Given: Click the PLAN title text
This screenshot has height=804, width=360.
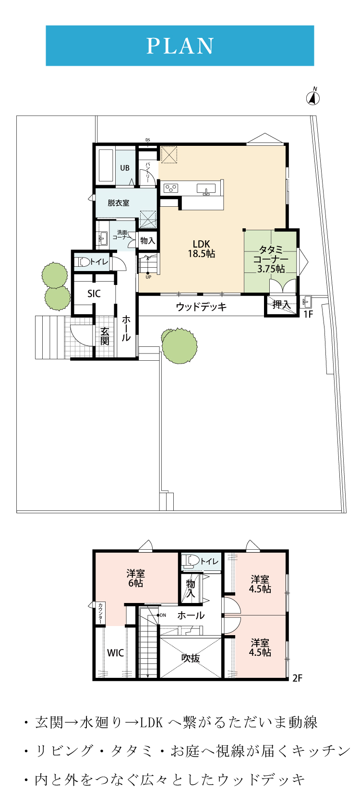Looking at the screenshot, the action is tap(180, 46).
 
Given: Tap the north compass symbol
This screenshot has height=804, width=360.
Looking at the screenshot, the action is tap(313, 97).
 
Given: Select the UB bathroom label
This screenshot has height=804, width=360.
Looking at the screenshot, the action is tap(125, 167).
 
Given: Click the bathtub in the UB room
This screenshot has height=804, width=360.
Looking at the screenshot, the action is tap(106, 166).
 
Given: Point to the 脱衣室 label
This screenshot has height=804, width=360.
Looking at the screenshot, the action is tap(118, 203).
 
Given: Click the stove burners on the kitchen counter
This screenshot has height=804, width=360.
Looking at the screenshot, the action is tap(171, 188).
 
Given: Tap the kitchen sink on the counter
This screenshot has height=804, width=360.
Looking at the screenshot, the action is tap(206, 189).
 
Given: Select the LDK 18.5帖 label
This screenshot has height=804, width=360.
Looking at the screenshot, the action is tap(201, 249).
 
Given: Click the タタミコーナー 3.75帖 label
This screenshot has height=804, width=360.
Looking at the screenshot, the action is tap(271, 259).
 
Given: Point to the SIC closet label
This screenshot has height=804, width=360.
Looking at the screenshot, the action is tap(94, 294).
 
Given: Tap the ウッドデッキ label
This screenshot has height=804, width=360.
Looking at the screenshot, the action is tap(201, 307).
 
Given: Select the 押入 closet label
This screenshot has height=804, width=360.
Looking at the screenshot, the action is tap(281, 305).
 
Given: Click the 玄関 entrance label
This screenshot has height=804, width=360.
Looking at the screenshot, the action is tap(105, 336).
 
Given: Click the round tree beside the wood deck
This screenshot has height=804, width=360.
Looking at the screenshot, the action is tap(179, 345).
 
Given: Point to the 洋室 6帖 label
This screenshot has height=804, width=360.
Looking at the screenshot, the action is tap(135, 578).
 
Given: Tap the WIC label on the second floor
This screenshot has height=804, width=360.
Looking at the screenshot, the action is tap(115, 653).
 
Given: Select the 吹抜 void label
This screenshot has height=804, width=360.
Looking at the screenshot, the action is tap(191, 658).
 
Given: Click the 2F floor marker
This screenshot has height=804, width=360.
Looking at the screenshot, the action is tap(297, 678).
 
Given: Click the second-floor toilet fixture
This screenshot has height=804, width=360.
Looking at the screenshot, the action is tap(191, 561).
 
